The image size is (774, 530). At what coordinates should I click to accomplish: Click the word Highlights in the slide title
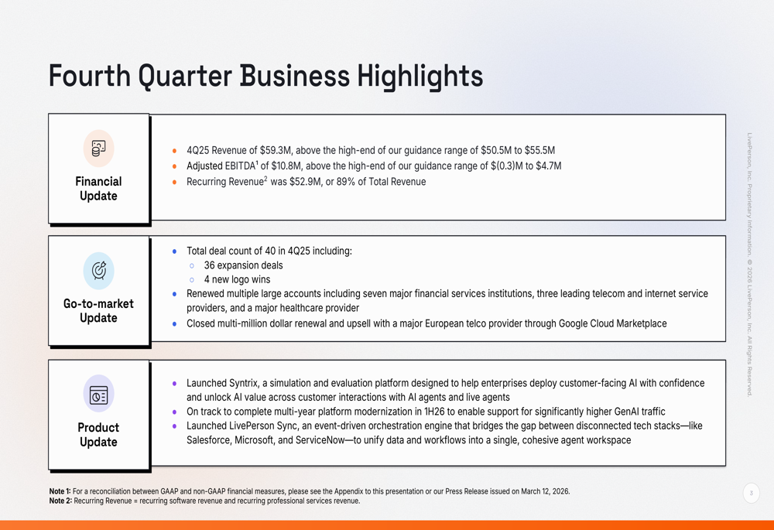pyautogui.click(x=420, y=77)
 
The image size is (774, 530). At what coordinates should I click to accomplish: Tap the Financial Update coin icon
pyautogui.click(x=99, y=148)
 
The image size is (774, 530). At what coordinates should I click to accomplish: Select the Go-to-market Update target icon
pyautogui.click(x=99, y=271)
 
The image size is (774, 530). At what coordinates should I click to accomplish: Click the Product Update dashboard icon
pyautogui.click(x=99, y=395)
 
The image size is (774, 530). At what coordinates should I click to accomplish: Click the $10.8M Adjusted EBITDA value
pyautogui.click(x=286, y=166)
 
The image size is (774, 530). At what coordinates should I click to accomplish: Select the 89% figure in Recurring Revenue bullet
pyautogui.click(x=345, y=182)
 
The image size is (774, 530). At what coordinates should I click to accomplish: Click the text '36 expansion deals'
pyautogui.click(x=243, y=265)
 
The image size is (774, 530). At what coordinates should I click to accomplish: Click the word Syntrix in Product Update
pyautogui.click(x=243, y=384)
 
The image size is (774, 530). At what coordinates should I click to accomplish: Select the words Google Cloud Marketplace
pyautogui.click(x=612, y=323)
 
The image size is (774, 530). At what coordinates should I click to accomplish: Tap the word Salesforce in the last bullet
pyautogui.click(x=207, y=440)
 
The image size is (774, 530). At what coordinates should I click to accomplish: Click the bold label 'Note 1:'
pyautogui.click(x=60, y=491)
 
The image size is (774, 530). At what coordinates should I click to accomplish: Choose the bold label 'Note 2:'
pyautogui.click(x=60, y=501)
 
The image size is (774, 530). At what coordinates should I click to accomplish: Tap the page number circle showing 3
pyautogui.click(x=752, y=493)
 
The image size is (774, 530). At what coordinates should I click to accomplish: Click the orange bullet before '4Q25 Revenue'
pyautogui.click(x=174, y=151)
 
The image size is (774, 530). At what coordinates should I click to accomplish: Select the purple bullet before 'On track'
pyautogui.click(x=174, y=412)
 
